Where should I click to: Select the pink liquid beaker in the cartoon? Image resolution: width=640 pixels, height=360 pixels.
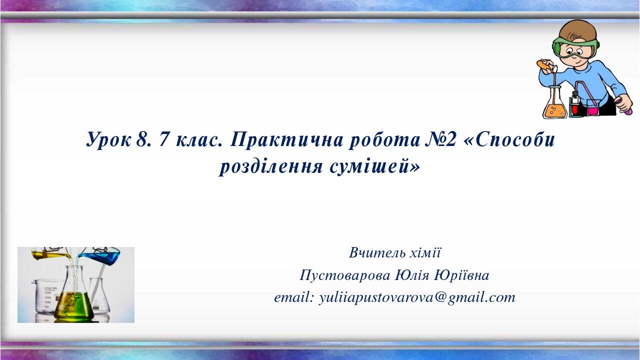[x=592, y=107]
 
